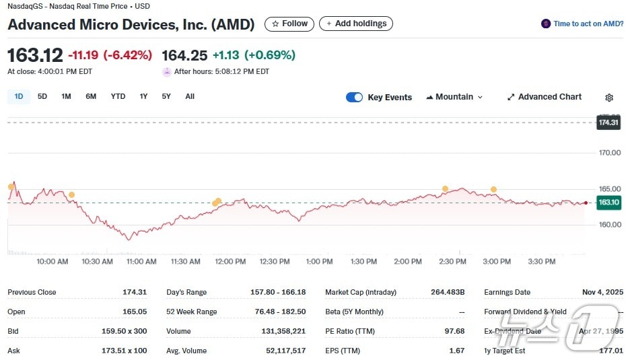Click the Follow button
[x=289, y=24]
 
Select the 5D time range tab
[x=42, y=96]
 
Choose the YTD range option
[x=118, y=96]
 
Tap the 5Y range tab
[x=166, y=96]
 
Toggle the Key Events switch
[x=354, y=97]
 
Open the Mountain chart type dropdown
[x=454, y=97]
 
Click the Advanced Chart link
[x=544, y=97]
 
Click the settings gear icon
[x=609, y=98]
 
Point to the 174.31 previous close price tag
[x=608, y=122]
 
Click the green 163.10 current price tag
[x=608, y=202]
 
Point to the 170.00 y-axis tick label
[x=610, y=153]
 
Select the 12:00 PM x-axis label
[x=230, y=261]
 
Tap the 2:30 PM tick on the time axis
[x=452, y=261]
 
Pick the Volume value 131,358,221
[x=283, y=331]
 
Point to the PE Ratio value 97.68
[x=455, y=331]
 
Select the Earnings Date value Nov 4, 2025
[x=602, y=292]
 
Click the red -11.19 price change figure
[x=83, y=55]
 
